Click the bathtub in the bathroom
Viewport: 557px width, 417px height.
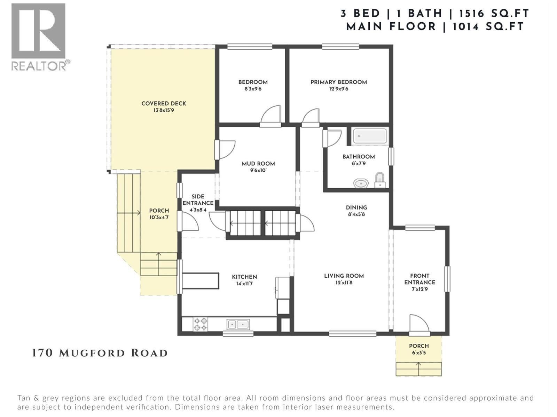click(370, 136)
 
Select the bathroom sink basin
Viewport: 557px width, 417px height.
click(361, 183)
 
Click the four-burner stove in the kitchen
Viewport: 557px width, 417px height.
click(201, 324)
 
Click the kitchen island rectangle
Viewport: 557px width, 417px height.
click(201, 281)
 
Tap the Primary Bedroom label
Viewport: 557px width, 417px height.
click(338, 82)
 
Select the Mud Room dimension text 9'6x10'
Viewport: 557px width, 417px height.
click(258, 170)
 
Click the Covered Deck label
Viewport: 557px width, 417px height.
click(164, 103)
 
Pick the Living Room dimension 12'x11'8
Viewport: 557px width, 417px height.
click(344, 283)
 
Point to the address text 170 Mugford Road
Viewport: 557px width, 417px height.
click(100, 353)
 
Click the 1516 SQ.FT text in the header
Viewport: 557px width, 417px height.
click(494, 14)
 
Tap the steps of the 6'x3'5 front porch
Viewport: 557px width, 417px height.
click(418, 369)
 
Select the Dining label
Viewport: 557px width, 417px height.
click(356, 207)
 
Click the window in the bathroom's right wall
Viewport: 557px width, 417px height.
click(391, 156)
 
